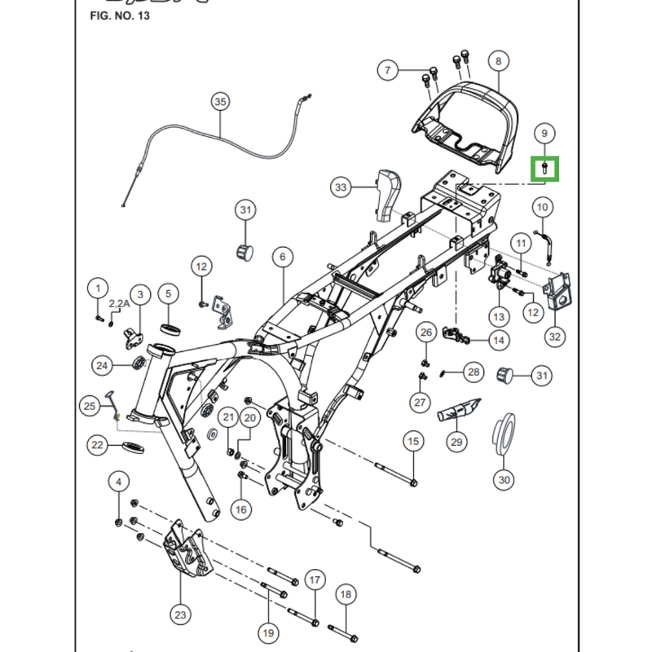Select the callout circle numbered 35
[220, 102]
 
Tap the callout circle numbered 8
[498, 60]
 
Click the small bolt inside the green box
[545, 169]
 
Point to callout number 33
[341, 187]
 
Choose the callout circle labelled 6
[282, 257]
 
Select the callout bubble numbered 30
[504, 480]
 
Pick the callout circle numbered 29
[456, 442]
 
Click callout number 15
[413, 442]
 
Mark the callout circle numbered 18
[346, 595]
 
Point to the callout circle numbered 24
[102, 366]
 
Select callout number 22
[98, 445]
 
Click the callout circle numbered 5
[168, 293]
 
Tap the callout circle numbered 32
[555, 336]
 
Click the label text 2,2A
[119, 303]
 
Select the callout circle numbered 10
[543, 208]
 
